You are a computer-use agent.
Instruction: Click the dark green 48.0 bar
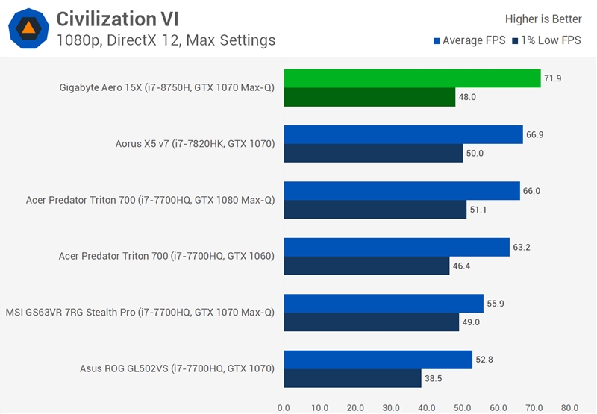point(369,97)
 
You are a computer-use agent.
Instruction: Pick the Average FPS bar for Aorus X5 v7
point(403,134)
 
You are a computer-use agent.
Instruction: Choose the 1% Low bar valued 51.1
point(375,210)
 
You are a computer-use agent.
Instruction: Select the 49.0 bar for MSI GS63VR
point(371,322)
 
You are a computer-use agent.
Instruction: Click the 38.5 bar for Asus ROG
point(352,378)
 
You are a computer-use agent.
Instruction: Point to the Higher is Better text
point(543,19)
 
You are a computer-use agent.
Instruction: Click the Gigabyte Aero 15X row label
point(167,87)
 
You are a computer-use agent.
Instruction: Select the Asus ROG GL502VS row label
point(177,368)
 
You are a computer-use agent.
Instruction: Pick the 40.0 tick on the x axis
point(427,407)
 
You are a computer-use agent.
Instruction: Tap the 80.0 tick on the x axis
point(570,407)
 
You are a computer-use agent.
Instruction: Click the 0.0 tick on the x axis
point(284,407)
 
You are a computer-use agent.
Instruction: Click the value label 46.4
point(463,266)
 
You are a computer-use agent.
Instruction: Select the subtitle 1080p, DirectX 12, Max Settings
point(166,40)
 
